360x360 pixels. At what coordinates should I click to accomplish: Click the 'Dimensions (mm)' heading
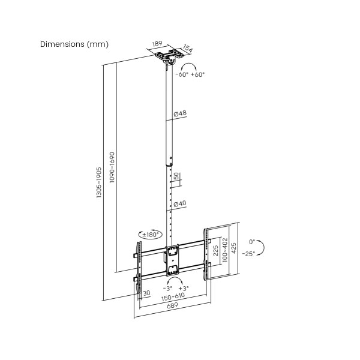[x=74, y=44]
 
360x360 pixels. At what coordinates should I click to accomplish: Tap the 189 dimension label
[x=157, y=44]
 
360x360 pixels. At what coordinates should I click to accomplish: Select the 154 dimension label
[x=188, y=49]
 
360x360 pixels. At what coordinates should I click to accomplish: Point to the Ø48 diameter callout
[x=180, y=113]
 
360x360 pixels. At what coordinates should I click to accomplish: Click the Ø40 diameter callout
[x=180, y=203]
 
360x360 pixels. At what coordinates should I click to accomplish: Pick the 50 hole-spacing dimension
[x=176, y=176]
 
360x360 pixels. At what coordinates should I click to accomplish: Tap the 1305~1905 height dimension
[x=99, y=182]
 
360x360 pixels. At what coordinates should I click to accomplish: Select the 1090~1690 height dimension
[x=112, y=167]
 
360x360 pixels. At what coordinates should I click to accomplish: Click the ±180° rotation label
[x=151, y=235]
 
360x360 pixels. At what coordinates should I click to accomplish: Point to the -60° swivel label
[x=182, y=74]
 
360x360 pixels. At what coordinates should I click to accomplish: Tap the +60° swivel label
[x=197, y=74]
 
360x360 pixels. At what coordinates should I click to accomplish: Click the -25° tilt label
[x=248, y=254]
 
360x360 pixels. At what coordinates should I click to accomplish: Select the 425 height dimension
[x=233, y=248]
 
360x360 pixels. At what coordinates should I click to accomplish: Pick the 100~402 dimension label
[x=225, y=250]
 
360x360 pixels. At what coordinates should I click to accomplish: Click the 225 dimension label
[x=215, y=251]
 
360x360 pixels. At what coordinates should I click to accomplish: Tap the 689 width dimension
[x=172, y=305]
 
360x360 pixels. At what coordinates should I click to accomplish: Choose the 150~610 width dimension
[x=173, y=297]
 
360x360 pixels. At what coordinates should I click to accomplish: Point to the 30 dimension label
[x=146, y=293]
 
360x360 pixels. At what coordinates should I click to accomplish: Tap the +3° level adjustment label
[x=184, y=289]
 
